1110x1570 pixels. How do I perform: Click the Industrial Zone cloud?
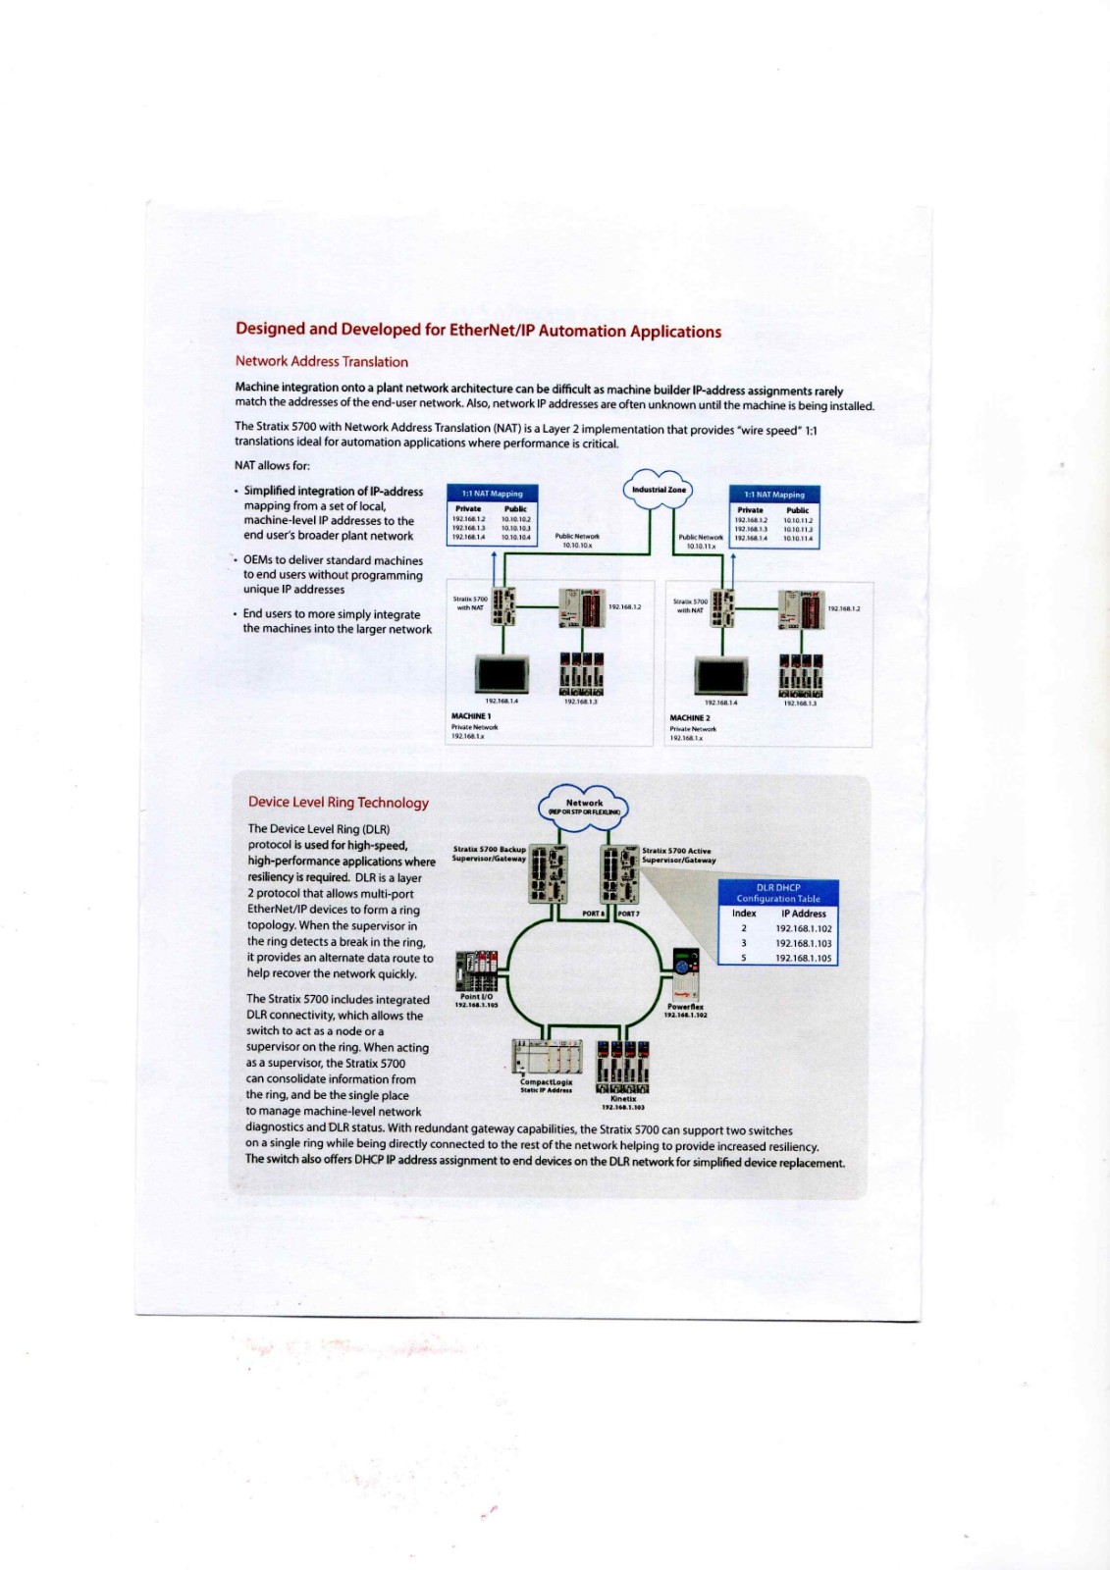tap(658, 490)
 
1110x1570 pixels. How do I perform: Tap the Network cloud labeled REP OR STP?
tap(584, 806)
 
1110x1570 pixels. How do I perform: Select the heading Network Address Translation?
tap(321, 361)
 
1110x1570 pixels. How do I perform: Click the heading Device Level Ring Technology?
tap(339, 803)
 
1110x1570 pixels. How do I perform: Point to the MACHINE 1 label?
tap(471, 716)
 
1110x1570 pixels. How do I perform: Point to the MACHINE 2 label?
tap(690, 717)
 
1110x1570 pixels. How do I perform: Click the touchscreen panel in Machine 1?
tap(502, 673)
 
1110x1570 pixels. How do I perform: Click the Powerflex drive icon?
tap(685, 975)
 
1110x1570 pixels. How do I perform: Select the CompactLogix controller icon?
tap(548, 1058)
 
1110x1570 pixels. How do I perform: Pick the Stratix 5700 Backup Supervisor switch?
tap(548, 874)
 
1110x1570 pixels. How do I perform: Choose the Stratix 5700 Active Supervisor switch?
tap(618, 874)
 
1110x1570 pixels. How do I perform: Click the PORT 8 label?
tap(593, 914)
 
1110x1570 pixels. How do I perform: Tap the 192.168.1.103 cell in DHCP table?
tap(803, 943)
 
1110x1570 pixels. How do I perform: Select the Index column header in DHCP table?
tap(744, 914)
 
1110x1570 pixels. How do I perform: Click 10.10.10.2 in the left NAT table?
tap(516, 519)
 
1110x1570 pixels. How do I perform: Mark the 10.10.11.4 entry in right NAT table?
tap(798, 538)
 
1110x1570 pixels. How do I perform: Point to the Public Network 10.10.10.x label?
tap(577, 541)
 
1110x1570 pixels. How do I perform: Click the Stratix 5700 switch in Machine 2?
tap(722, 609)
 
